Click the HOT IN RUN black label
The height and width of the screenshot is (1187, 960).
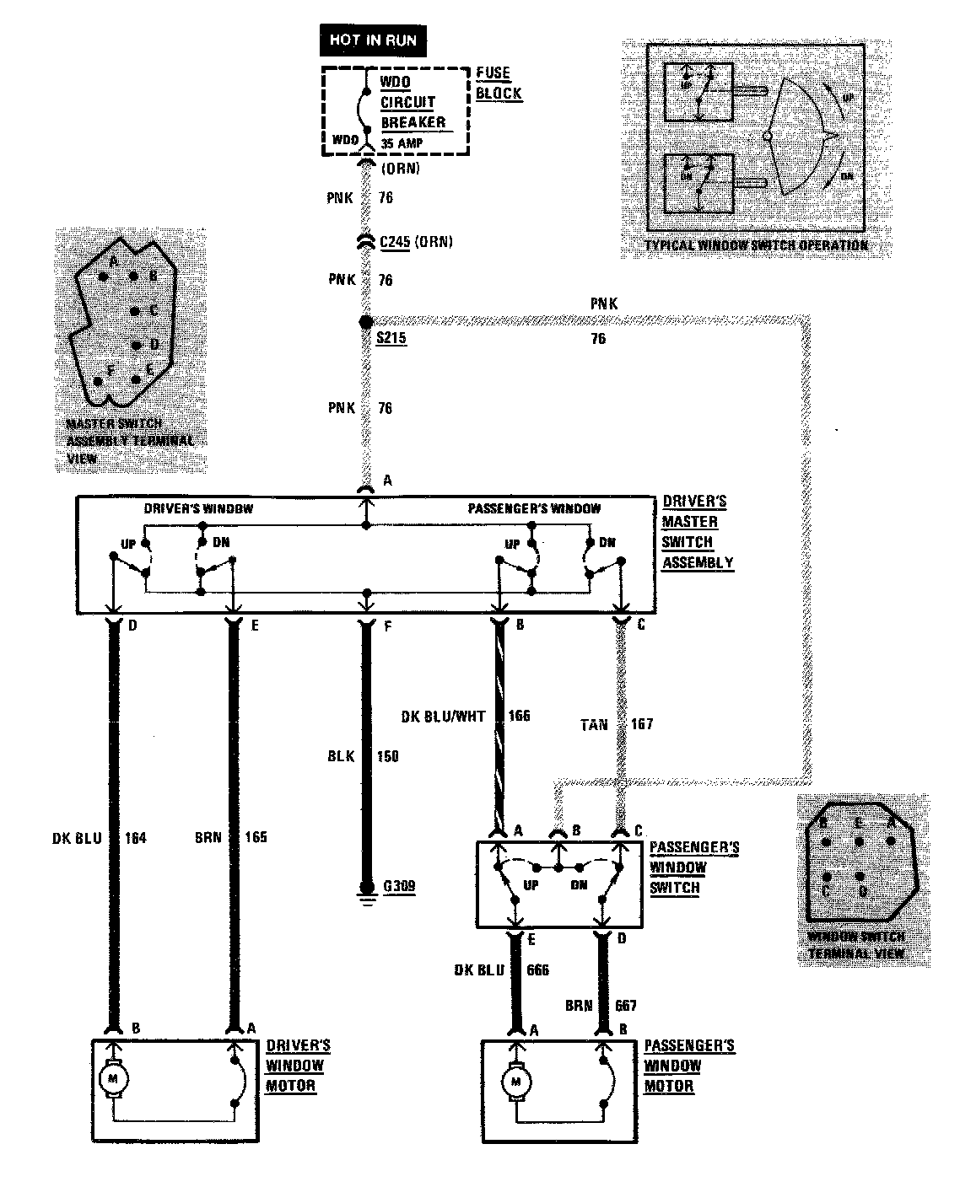(x=372, y=39)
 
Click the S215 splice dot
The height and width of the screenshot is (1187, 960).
(x=365, y=322)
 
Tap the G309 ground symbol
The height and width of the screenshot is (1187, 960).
(x=366, y=889)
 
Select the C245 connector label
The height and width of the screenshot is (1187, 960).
(x=395, y=242)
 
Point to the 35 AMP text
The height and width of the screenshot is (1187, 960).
(x=402, y=143)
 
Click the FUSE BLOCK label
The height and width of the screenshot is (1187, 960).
(x=498, y=83)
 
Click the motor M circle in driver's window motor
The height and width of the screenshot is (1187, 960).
(x=113, y=1077)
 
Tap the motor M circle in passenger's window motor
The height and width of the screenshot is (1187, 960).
(x=514, y=1080)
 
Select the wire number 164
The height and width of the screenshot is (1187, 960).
(x=135, y=837)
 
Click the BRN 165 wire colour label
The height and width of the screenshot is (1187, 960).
(x=208, y=837)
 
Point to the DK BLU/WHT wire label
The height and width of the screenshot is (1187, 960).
(x=443, y=717)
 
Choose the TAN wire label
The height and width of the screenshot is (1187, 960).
(x=593, y=724)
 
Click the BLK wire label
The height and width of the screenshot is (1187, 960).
(x=339, y=756)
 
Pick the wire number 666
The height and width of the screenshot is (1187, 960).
(x=537, y=970)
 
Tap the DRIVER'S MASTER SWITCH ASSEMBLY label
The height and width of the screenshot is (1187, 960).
(x=697, y=532)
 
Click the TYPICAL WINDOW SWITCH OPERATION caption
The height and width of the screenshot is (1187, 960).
(x=756, y=245)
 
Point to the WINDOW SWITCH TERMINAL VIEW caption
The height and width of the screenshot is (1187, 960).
(x=855, y=945)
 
